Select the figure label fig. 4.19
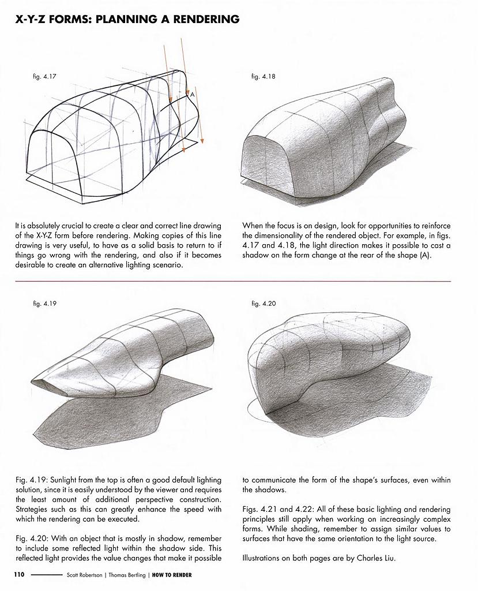pyautogui.click(x=44, y=303)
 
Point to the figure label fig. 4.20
pyautogui.click(x=264, y=303)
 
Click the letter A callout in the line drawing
pyautogui.click(x=191, y=94)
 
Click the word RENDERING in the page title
pyautogui.click(x=201, y=20)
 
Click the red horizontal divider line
pyautogui.click(x=231, y=281)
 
